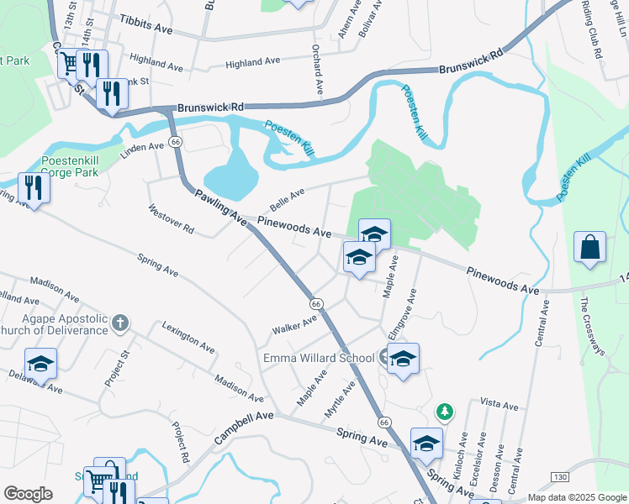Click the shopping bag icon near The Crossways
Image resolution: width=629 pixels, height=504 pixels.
[x=590, y=248]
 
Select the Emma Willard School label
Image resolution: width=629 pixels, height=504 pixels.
[x=319, y=359]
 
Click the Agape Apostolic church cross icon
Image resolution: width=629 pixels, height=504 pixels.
[x=120, y=322]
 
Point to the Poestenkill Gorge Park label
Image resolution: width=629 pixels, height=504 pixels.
[x=70, y=166]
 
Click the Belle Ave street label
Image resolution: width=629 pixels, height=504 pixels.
[x=287, y=200]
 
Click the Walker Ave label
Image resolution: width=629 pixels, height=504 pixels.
[x=294, y=325]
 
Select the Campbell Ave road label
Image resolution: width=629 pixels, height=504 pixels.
[x=244, y=427]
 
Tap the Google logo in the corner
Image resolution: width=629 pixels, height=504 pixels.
[x=29, y=494]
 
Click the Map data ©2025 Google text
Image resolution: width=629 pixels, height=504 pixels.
[x=577, y=497]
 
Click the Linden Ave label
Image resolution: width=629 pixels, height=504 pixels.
[x=145, y=147]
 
